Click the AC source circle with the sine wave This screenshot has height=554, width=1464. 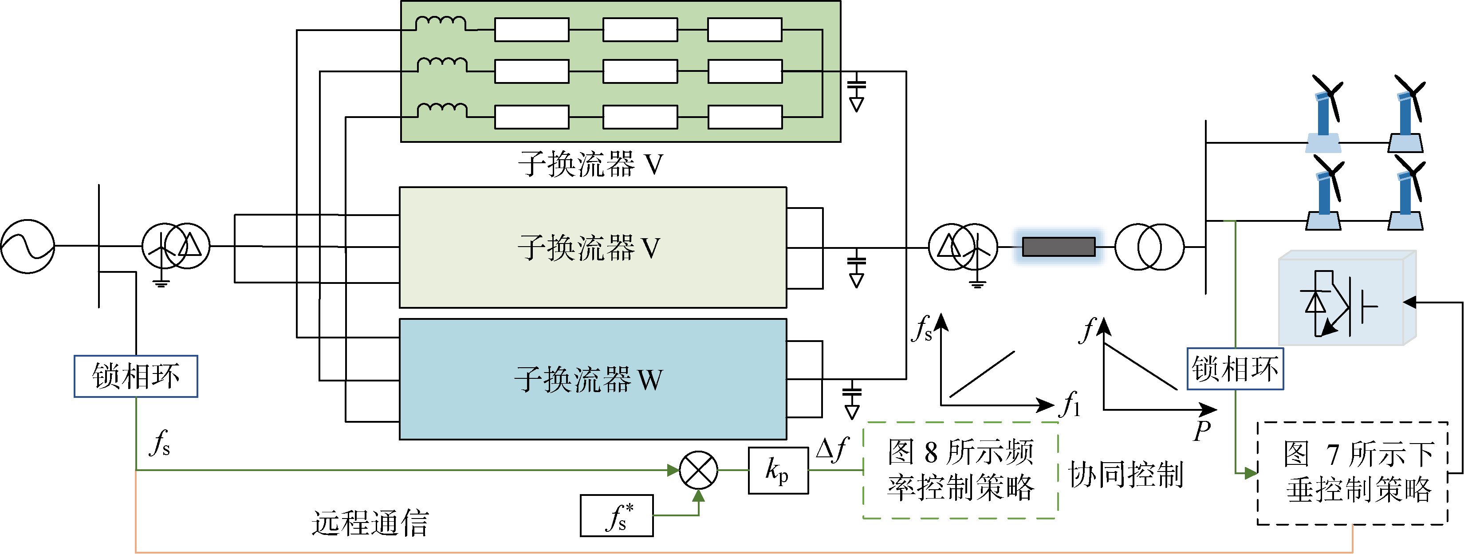click(x=27, y=247)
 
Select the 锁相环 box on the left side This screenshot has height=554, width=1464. click(x=136, y=376)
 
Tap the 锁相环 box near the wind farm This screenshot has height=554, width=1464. click(x=1235, y=369)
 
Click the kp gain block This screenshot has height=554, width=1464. click(x=778, y=471)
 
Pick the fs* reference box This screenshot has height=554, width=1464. click(x=617, y=516)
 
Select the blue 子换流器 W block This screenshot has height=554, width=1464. click(x=593, y=379)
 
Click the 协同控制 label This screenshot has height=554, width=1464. click(x=1126, y=475)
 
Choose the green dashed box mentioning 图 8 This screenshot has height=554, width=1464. click(x=960, y=470)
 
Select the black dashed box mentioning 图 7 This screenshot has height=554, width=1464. click(x=1353, y=473)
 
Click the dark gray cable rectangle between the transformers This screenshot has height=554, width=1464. click(x=1058, y=247)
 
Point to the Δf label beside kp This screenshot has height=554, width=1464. click(x=832, y=449)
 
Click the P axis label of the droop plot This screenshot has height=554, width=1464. click(x=1201, y=431)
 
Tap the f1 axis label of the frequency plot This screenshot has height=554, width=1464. click(x=1071, y=404)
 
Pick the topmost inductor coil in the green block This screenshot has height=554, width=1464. click(x=441, y=24)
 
